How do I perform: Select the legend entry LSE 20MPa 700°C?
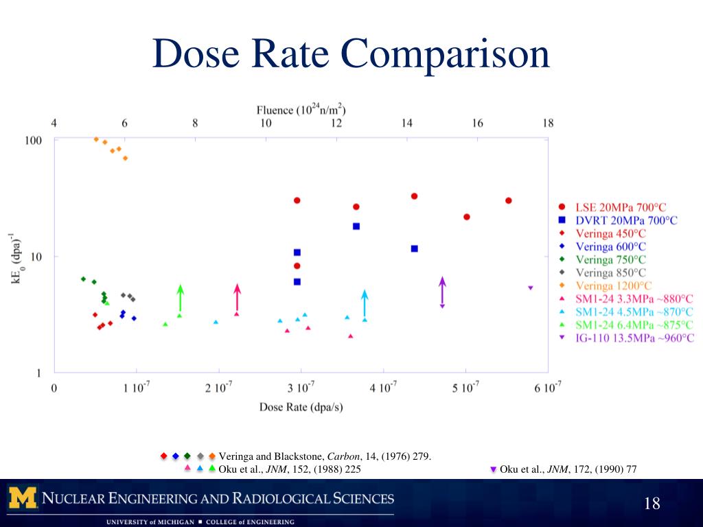(x=621, y=207)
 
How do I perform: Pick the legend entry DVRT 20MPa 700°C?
(x=626, y=220)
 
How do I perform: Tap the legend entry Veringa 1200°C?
(x=614, y=285)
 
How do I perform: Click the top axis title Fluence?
(x=301, y=110)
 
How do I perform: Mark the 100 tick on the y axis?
(x=34, y=140)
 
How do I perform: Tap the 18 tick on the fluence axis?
(x=547, y=124)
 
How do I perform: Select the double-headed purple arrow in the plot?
(x=442, y=292)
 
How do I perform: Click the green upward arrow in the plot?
(x=180, y=299)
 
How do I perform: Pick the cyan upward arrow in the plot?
(x=365, y=303)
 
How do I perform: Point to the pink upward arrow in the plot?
(x=237, y=299)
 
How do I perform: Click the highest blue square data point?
(x=356, y=226)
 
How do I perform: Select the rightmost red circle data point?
(x=509, y=200)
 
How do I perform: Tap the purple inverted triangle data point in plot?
(x=530, y=288)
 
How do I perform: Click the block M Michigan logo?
(x=23, y=497)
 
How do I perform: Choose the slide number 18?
(x=652, y=504)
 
